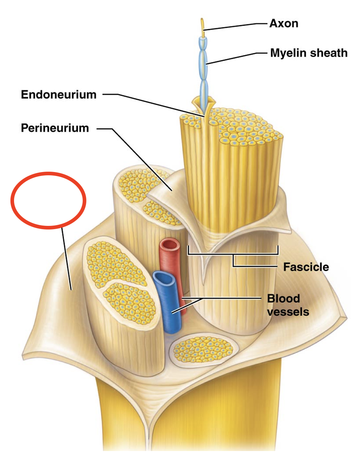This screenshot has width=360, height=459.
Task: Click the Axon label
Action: tap(283, 23)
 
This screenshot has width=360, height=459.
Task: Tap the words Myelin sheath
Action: tap(308, 53)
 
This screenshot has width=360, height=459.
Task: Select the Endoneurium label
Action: tap(59, 95)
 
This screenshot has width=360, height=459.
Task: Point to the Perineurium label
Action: tap(55, 128)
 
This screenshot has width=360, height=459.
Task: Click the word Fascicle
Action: tap(306, 267)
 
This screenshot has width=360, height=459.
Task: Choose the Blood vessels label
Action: tap(288, 305)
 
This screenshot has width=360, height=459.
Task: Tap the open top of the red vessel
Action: tap(170, 245)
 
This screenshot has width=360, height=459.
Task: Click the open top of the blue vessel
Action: tap(164, 278)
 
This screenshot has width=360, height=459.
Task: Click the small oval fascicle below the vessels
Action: tap(205, 349)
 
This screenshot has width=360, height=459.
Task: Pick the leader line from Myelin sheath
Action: tap(231, 58)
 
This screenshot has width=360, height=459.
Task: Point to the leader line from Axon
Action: tap(231, 26)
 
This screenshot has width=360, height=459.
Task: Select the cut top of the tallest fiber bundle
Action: tap(239, 126)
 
